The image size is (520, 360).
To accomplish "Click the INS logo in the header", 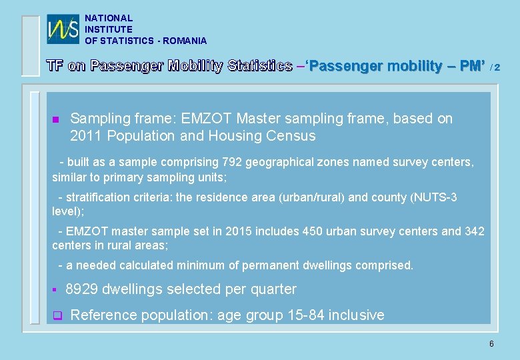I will click(63, 29).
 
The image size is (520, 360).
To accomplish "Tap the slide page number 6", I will click(491, 344).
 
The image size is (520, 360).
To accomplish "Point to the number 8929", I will click(82, 289).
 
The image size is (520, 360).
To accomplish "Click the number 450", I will click(312, 231).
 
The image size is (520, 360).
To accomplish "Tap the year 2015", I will click(239, 231).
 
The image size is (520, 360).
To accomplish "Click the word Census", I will click(291, 136).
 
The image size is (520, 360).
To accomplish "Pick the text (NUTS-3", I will click(433, 197).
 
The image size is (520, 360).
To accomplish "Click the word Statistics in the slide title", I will click(259, 66).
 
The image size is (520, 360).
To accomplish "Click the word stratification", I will click(97, 197).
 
